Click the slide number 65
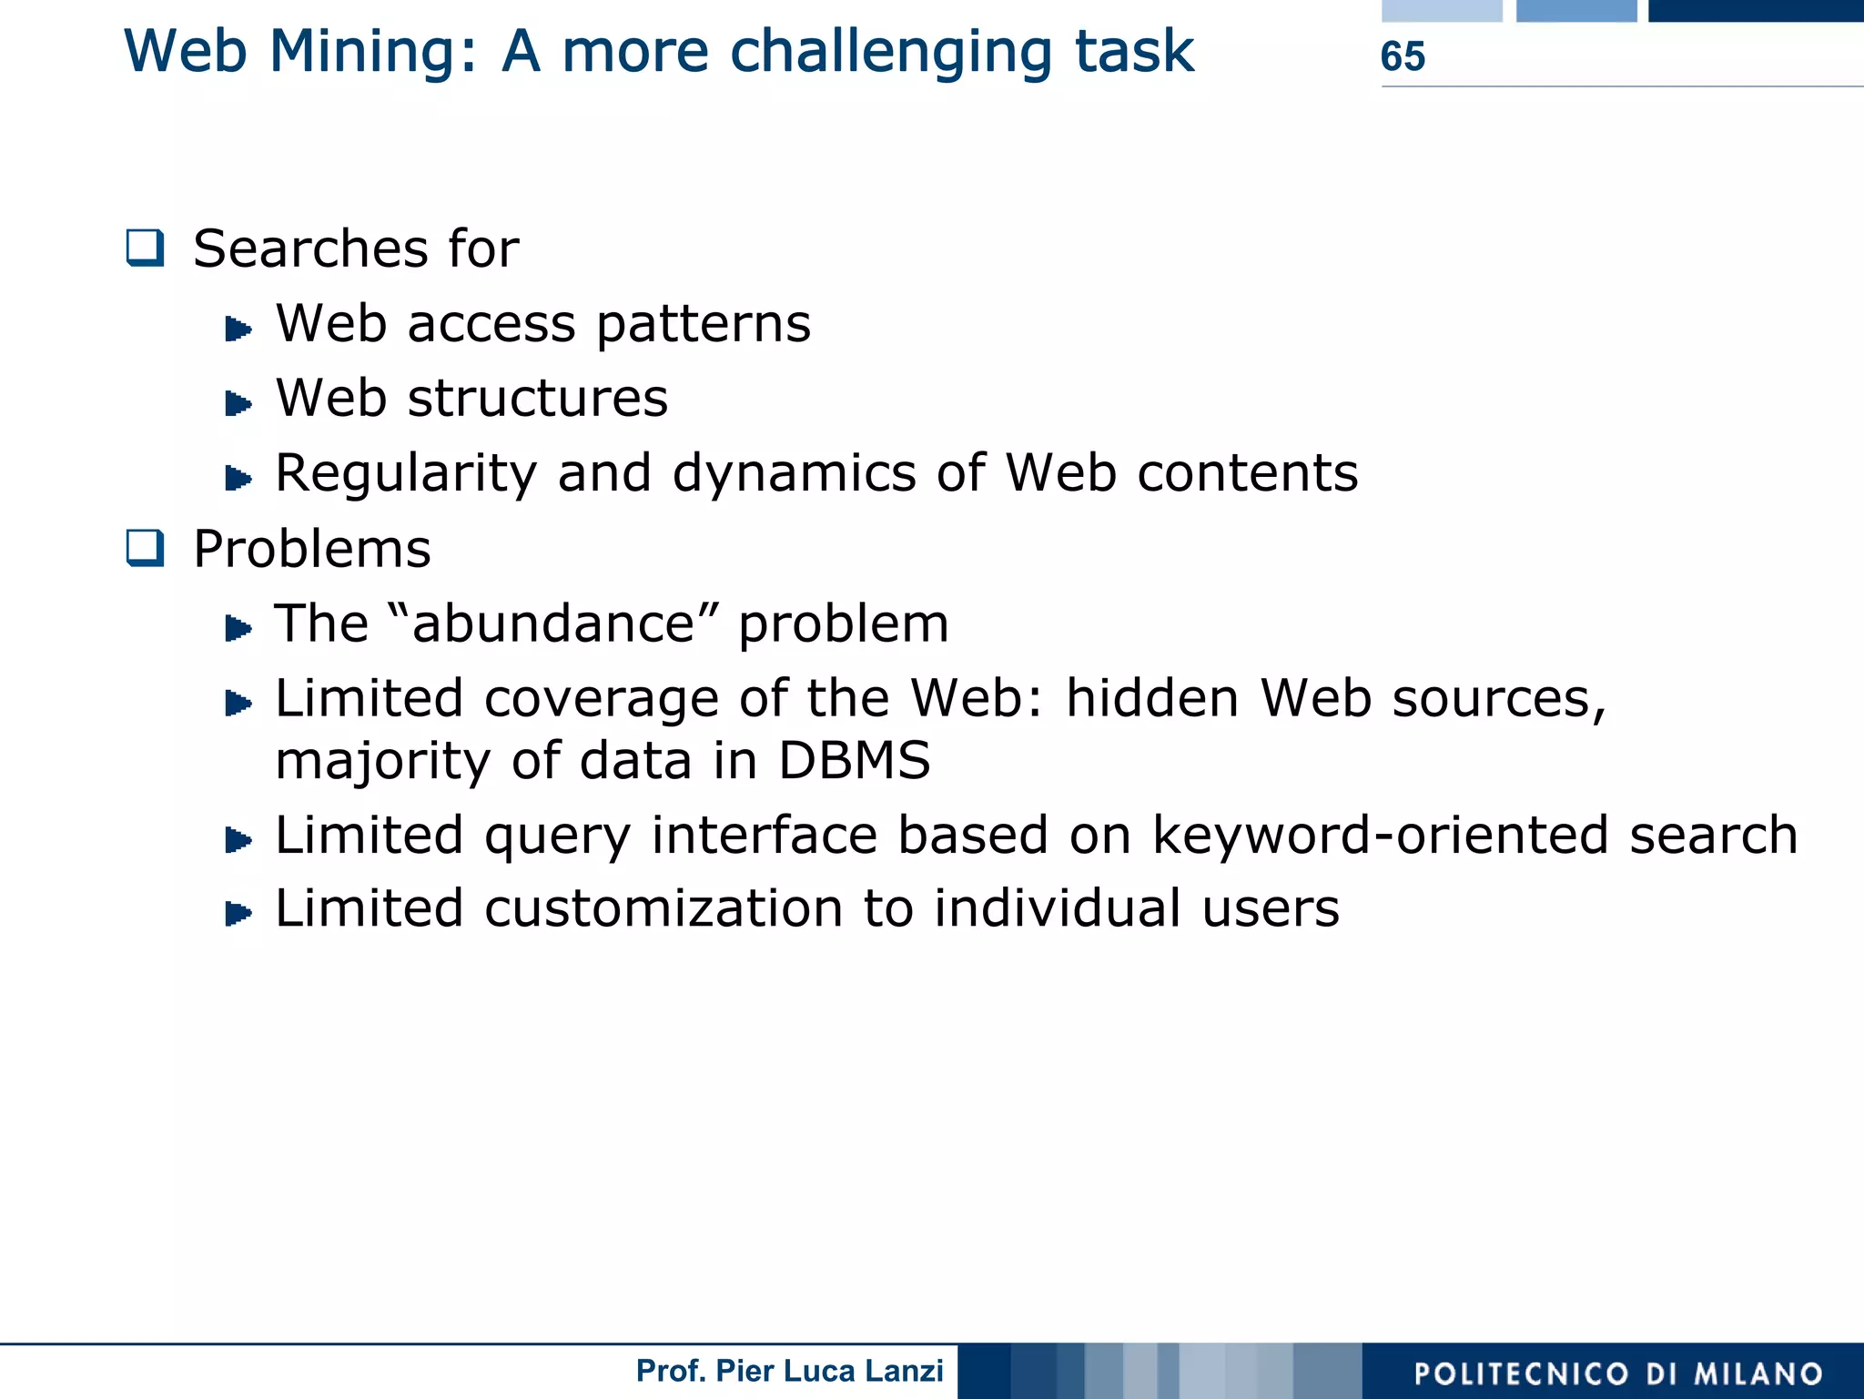(x=1402, y=56)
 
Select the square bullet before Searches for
(x=146, y=248)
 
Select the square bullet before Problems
(x=146, y=548)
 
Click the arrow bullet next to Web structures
(x=238, y=402)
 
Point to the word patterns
(x=703, y=324)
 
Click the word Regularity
(x=406, y=473)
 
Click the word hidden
(x=1152, y=698)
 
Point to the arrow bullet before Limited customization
(x=238, y=913)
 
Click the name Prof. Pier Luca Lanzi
(x=789, y=1371)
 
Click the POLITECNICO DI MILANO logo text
(x=1618, y=1374)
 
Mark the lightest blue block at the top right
(x=1442, y=10)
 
